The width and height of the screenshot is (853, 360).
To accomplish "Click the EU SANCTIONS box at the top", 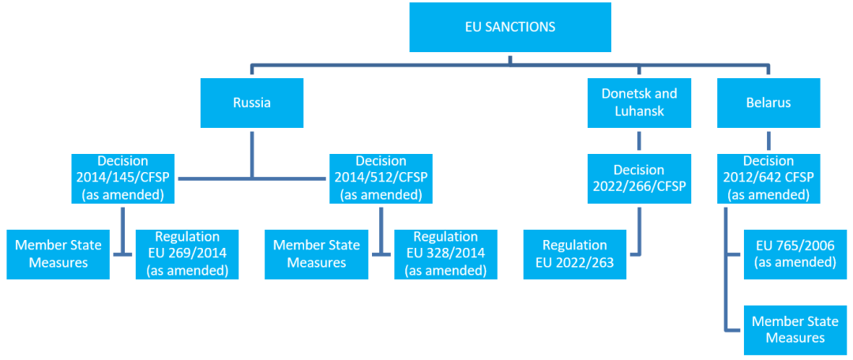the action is click(510, 27).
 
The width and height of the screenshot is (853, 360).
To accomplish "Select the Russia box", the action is click(252, 103).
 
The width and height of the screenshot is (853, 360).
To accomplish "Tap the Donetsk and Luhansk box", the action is click(639, 103).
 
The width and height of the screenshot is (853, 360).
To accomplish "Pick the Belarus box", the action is click(768, 103).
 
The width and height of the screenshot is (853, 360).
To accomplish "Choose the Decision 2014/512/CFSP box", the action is click(381, 178).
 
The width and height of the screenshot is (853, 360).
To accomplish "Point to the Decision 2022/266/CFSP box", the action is click(639, 178).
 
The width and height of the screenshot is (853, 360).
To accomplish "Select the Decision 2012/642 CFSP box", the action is click(768, 178).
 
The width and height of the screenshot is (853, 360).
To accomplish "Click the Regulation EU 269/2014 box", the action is click(187, 254).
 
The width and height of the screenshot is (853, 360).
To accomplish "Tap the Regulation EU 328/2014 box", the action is click(445, 254).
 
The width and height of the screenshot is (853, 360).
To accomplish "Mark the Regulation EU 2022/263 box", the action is click(574, 254).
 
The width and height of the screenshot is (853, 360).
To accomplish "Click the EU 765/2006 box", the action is click(795, 254).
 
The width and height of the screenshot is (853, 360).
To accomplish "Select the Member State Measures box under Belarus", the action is click(795, 329).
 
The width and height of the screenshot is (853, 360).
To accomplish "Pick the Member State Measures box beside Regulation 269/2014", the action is click(58, 254).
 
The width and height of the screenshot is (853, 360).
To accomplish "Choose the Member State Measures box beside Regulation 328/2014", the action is click(316, 254).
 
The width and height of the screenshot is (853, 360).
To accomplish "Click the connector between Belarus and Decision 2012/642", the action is click(768, 141).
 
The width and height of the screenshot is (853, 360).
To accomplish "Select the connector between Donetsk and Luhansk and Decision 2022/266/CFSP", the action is click(639, 141).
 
